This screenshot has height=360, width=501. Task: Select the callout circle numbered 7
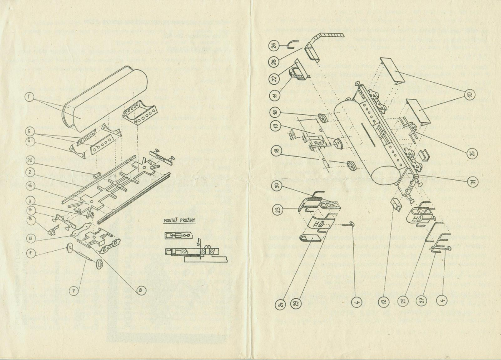pos(73,291)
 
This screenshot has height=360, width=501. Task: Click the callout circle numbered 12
pos(384,300)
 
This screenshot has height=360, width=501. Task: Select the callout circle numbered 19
pos(277,126)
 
